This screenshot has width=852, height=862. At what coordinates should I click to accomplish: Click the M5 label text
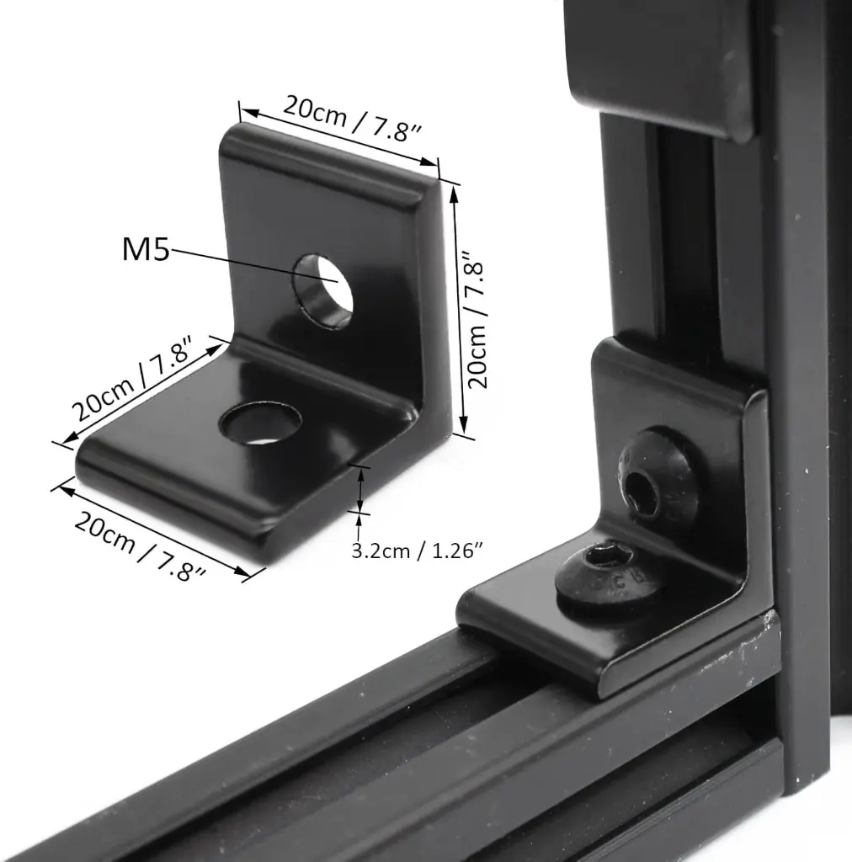pos(146,249)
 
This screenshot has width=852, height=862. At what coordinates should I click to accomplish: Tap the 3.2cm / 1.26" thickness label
pos(416,551)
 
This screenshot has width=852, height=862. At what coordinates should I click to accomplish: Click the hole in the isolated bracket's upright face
pos(323,286)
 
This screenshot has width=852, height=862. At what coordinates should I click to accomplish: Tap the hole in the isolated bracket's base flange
pos(260,422)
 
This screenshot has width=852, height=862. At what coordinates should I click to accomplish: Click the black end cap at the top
pos(665,59)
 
